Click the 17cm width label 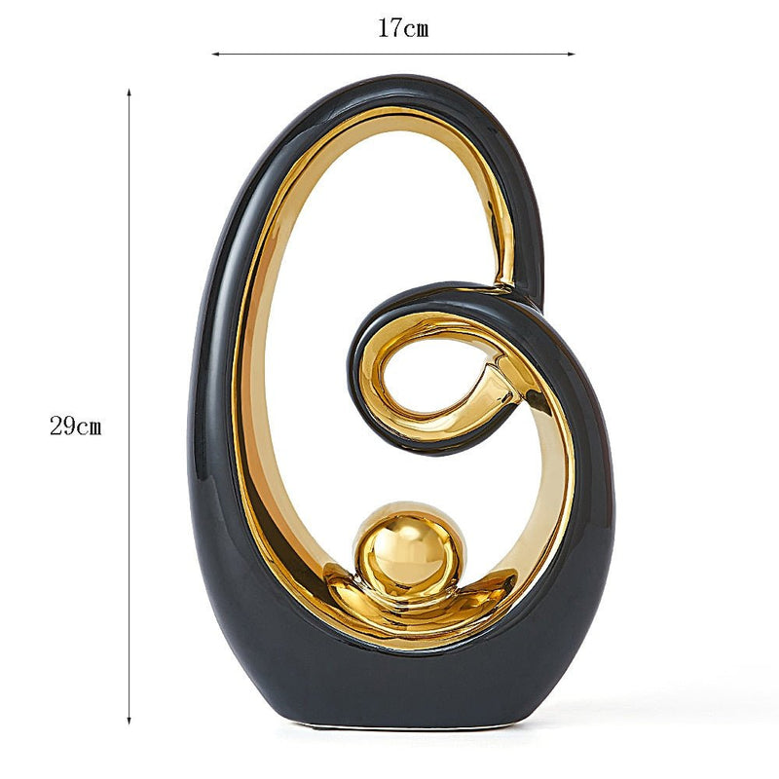(403, 28)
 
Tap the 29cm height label (76, 426)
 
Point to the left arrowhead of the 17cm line (215, 55)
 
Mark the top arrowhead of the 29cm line (130, 93)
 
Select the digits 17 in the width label (390, 28)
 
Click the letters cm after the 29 (89, 426)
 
